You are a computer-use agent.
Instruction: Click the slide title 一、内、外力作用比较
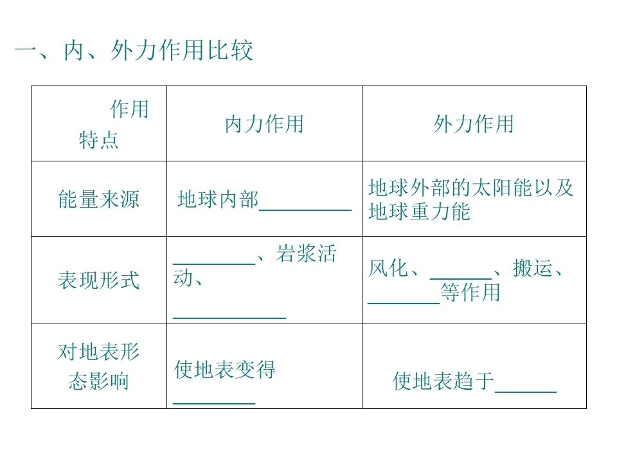(x=134, y=51)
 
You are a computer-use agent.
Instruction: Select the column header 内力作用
(x=264, y=124)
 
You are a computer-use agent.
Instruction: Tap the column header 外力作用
(x=474, y=124)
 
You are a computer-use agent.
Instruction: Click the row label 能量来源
(x=99, y=199)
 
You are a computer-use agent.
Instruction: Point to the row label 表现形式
(x=99, y=280)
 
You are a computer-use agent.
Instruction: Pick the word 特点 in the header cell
(x=99, y=140)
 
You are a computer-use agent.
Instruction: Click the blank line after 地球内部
(x=305, y=210)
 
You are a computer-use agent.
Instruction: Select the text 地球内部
(x=218, y=199)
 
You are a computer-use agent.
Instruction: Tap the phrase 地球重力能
(x=420, y=212)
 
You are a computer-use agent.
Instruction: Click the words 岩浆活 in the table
(x=307, y=253)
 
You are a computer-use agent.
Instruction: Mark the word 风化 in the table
(x=388, y=268)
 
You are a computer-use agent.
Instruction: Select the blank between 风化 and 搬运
(x=461, y=278)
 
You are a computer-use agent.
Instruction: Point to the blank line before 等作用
(x=404, y=303)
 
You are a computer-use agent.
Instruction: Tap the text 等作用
(x=470, y=293)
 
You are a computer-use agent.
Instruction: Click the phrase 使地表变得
(x=225, y=369)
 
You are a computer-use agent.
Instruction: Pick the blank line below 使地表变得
(x=214, y=404)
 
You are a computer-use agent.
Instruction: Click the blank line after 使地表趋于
(x=526, y=392)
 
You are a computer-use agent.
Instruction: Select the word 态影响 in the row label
(x=99, y=381)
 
